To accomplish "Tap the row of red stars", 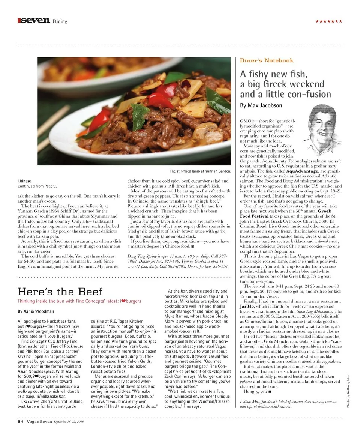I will pyautogui.click(x=328, y=21).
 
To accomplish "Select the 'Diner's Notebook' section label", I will pyautogui.click(x=267, y=60).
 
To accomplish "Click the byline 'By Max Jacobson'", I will pyautogui.click(x=261, y=105).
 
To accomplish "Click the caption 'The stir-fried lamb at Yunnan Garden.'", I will pyautogui.click(x=200, y=171).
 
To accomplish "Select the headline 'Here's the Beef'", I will pyautogui.click(x=60, y=291).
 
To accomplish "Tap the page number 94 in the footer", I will pyautogui.click(x=21, y=421).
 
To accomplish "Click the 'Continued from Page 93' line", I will pyautogui.click(x=37, y=186).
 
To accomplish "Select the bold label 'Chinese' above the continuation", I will pyautogui.click(x=24, y=181).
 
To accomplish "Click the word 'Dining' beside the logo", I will pyautogui.click(x=60, y=21).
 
